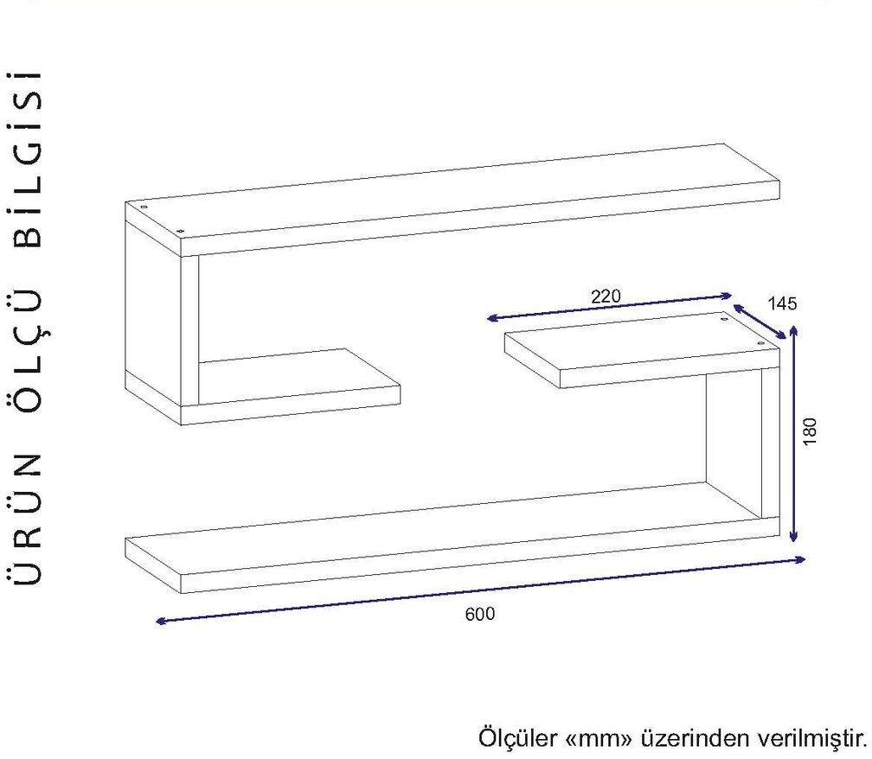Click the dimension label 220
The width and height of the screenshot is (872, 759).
tap(606, 296)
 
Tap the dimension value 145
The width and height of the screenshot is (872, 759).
tap(781, 303)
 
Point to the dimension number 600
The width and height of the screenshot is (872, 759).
tap(480, 615)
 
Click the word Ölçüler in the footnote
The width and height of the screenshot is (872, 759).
tap(517, 738)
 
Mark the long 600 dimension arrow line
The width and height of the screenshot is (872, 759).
tap(480, 590)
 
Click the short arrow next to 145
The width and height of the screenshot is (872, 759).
tap(760, 320)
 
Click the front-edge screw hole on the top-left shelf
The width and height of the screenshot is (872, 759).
tap(181, 230)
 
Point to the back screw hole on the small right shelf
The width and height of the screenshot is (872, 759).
tap(725, 319)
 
